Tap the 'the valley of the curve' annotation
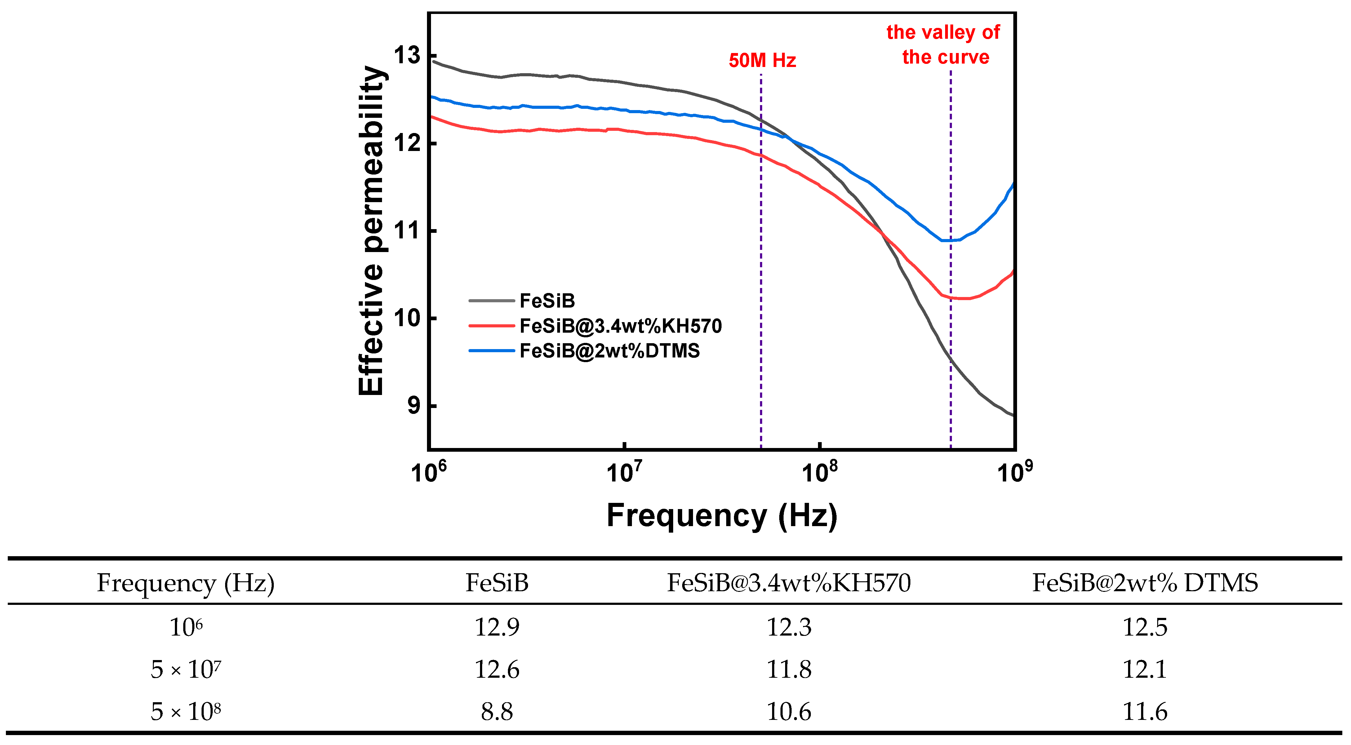944,45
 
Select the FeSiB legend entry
522,301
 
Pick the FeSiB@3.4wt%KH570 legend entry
595,326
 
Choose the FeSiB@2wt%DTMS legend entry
584,351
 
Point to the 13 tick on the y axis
407,55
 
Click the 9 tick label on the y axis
414,405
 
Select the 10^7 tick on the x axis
624,472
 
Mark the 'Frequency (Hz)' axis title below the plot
722,516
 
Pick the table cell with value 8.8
497,712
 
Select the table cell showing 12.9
497,627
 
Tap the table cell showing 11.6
1145,712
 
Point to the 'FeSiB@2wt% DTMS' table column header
1145,583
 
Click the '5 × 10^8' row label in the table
186,712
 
